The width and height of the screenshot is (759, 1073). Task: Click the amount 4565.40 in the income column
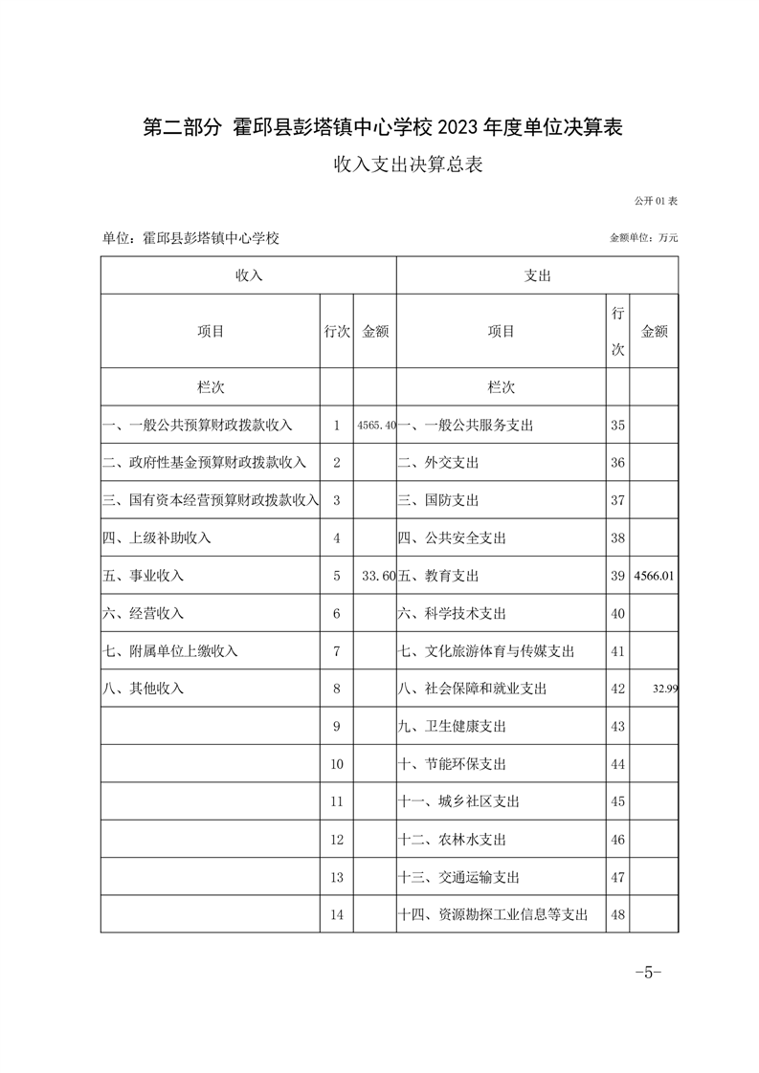[x=375, y=426]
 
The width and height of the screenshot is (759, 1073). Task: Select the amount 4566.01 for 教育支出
[x=656, y=576]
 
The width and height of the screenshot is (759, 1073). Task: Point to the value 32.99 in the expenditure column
[x=663, y=689]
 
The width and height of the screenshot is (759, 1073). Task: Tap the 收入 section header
[x=249, y=275]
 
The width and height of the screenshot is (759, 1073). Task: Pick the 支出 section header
[x=537, y=275]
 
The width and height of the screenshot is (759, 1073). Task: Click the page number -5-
[x=648, y=973]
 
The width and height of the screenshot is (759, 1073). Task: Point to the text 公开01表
[x=656, y=202]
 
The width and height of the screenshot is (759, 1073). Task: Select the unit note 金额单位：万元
[x=643, y=237]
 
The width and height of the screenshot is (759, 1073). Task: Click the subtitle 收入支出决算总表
[x=407, y=164]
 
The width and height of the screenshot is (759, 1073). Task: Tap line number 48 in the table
[x=617, y=915]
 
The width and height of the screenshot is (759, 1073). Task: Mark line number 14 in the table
[x=336, y=915]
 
